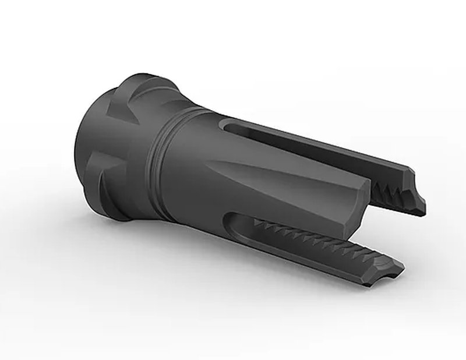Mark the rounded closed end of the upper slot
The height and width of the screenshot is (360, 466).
(228, 126)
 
